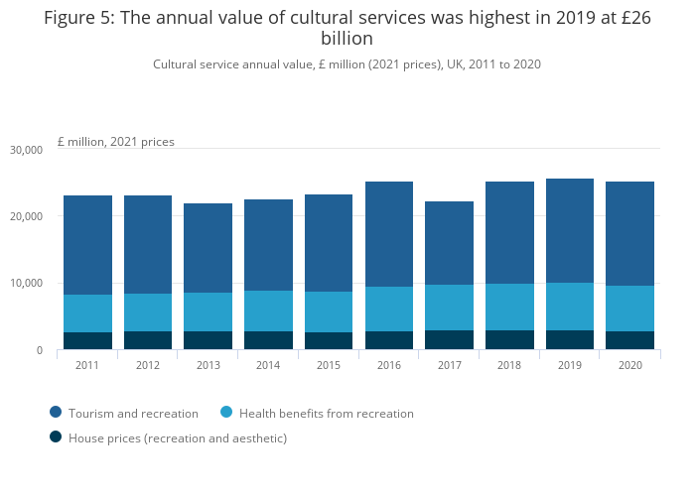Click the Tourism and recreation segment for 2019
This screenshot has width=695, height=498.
coord(570,230)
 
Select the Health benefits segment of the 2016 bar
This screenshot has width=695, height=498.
coord(388,309)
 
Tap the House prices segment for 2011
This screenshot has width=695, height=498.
coord(87,340)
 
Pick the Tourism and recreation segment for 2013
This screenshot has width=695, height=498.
coord(208,248)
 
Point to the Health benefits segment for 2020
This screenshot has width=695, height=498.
coord(629,309)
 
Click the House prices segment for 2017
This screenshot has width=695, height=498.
coord(449,339)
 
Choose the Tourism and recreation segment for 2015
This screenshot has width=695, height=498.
coord(329,243)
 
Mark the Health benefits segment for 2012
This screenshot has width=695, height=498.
coord(148,312)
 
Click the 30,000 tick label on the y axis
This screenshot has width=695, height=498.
coord(26,150)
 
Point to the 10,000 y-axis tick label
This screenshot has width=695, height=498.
coord(26,284)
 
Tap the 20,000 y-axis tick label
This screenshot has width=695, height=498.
coord(26,216)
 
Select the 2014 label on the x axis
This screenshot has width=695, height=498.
coord(268,365)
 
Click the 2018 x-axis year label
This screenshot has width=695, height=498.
coord(509,365)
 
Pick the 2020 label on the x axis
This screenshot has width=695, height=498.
coord(629,365)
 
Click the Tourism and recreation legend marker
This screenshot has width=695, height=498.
coord(56,413)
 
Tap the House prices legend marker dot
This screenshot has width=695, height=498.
coord(56,437)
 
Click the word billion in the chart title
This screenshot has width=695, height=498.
coord(347,39)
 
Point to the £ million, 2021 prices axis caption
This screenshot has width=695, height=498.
coord(116,142)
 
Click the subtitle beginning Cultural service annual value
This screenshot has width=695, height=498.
coord(347,63)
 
